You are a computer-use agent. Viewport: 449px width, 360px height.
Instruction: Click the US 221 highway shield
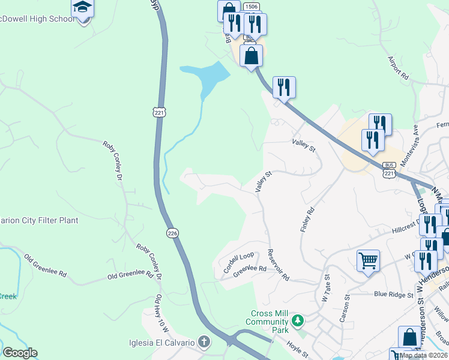click(x=158, y=113)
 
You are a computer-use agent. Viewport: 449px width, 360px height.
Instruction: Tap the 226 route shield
click(x=172, y=233)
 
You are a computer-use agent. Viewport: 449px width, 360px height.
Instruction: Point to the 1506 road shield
click(x=252, y=7)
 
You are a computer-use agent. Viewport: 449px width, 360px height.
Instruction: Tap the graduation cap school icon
click(x=82, y=8)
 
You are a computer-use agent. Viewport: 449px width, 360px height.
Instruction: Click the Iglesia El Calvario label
click(x=161, y=343)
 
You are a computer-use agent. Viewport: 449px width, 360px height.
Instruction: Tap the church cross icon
click(x=204, y=343)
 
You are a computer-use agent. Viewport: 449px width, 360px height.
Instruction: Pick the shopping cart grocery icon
click(x=368, y=260)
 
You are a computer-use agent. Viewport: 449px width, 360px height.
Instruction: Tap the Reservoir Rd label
click(x=279, y=265)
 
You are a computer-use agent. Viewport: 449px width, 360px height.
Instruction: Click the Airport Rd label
click(x=398, y=70)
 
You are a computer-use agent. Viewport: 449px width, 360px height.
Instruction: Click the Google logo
click(x=20, y=353)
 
